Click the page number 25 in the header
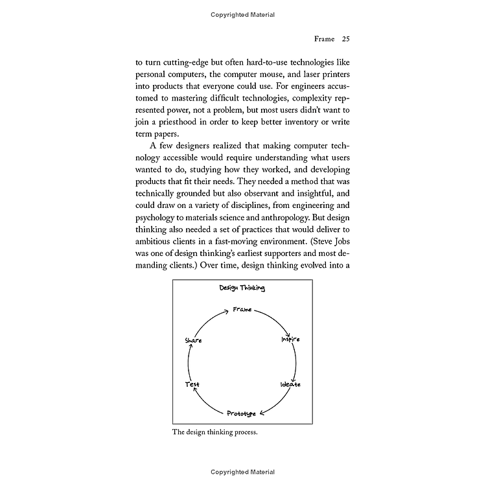click(x=346, y=39)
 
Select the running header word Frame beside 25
click(x=325, y=39)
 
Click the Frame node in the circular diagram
click(x=242, y=310)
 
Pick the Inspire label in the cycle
click(x=290, y=340)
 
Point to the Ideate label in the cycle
click(x=290, y=384)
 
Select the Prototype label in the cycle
click(x=241, y=413)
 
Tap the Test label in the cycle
click(x=192, y=384)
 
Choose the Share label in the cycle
click(x=193, y=340)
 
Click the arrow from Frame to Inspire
click(x=272, y=319)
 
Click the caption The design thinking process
click(x=214, y=432)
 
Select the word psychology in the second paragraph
click(x=159, y=209)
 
